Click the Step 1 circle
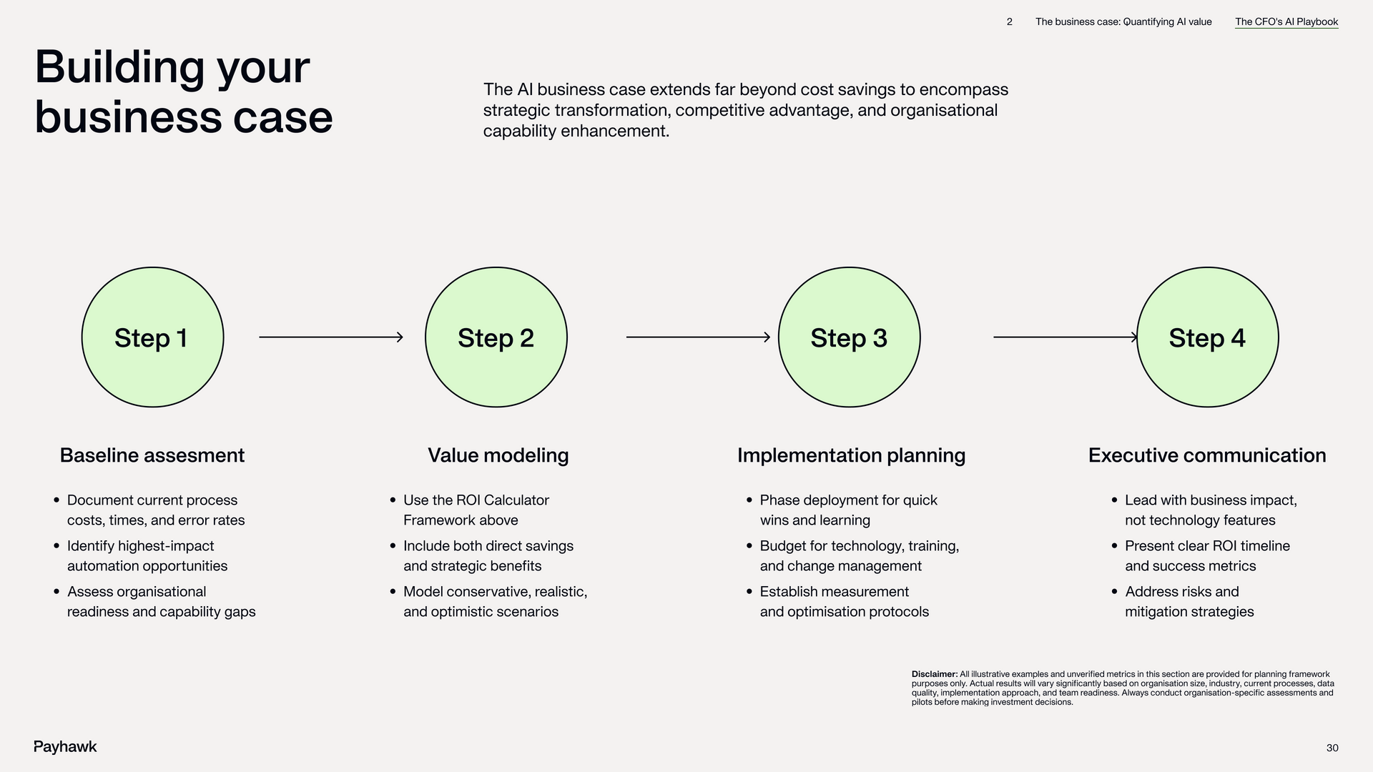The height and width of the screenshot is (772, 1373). [152, 337]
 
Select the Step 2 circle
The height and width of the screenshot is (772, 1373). [496, 337]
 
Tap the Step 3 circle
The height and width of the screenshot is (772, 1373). [849, 337]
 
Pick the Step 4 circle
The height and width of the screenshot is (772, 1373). [1207, 337]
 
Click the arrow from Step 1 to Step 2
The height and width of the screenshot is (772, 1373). [331, 337]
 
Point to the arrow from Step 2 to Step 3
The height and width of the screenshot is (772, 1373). [698, 337]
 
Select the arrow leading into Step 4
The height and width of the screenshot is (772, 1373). [1065, 337]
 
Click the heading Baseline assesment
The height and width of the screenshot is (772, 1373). [152, 455]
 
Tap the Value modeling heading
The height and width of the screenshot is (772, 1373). [498, 455]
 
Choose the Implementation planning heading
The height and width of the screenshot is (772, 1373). [851, 455]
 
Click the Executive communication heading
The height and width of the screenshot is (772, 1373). [1207, 455]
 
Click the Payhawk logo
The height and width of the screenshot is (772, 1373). [65, 747]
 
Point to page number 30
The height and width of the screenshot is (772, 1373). [1332, 748]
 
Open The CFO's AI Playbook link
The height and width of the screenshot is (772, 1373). [1286, 22]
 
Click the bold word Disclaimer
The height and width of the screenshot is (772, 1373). [934, 674]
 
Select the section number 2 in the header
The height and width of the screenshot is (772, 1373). [1010, 22]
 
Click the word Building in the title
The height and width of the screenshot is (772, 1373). [119, 67]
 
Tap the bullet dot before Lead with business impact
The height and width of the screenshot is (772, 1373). [1114, 500]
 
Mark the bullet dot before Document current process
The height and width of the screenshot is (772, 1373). [56, 500]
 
